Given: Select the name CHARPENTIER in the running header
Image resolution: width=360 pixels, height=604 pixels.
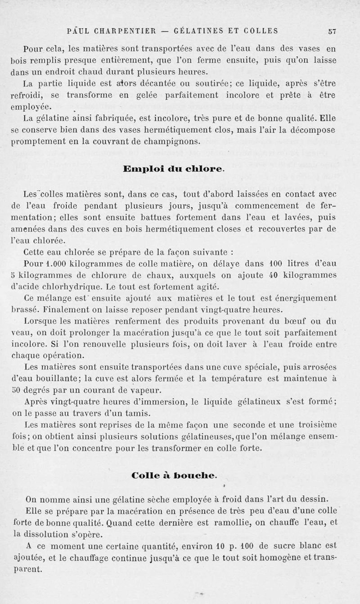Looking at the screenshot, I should point(120,31).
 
